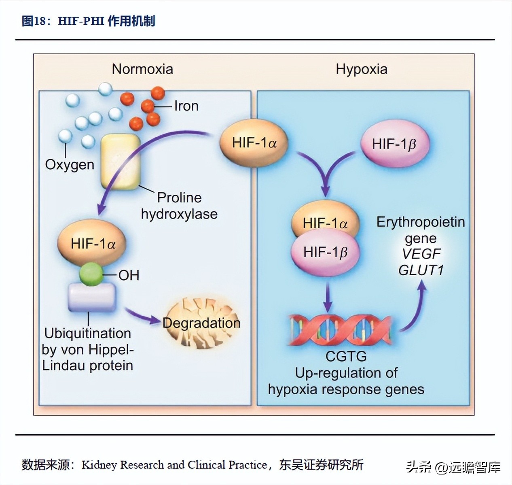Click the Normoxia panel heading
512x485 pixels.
tap(142, 69)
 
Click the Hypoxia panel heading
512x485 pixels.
tap(361, 69)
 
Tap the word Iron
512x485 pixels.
tap(186, 106)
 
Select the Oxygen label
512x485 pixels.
tap(70, 165)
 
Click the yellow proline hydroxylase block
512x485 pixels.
tap(121, 162)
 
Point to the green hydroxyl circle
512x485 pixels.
tap(91, 274)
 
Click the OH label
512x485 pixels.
tap(129, 275)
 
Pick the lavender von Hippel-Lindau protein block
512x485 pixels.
tap(92, 297)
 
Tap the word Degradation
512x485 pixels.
tap(201, 323)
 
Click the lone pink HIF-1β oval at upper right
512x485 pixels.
tap(394, 144)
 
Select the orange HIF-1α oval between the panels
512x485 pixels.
tap(254, 143)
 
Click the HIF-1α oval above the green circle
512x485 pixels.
tap(93, 244)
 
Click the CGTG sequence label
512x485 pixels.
tap(346, 356)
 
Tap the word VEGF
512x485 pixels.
tap(421, 254)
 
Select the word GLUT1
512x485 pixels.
tap(421, 270)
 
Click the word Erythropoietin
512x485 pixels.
tap(421, 222)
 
